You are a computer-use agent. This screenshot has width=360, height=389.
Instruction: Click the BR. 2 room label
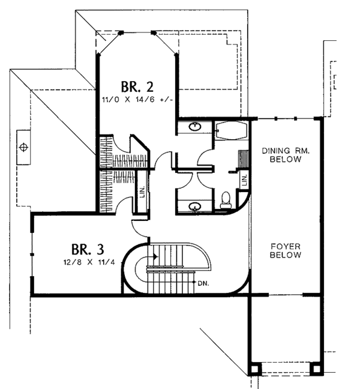tap(137, 87)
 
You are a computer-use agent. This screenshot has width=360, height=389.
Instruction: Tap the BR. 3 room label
tap(88, 249)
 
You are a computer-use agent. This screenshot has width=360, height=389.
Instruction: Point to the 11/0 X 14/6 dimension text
tap(137, 100)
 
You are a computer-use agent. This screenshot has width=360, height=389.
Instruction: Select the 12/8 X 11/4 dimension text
tap(89, 262)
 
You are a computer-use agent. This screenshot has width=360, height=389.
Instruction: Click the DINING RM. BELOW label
tap(286, 155)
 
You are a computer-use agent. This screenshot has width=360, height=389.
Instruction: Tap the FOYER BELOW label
tap(286, 250)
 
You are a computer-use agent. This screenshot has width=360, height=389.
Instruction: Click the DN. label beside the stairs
tap(203, 283)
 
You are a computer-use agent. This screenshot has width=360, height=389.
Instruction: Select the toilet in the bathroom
tap(226, 200)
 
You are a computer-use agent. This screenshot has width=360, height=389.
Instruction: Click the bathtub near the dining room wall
tap(232, 131)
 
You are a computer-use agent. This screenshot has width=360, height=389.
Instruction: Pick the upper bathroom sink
tap(195, 127)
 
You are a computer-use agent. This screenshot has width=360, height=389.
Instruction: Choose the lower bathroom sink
tap(195, 207)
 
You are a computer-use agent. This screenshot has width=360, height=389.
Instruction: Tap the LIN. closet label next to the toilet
tap(245, 180)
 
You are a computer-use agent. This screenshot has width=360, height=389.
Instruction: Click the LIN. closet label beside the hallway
tap(142, 191)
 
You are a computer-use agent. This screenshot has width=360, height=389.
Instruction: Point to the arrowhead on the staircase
tap(155, 256)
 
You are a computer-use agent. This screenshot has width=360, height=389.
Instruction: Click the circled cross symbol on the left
tap(23, 147)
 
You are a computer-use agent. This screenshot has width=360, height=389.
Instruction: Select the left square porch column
tap(254, 369)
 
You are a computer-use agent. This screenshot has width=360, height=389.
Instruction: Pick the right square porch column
tap(316, 369)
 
